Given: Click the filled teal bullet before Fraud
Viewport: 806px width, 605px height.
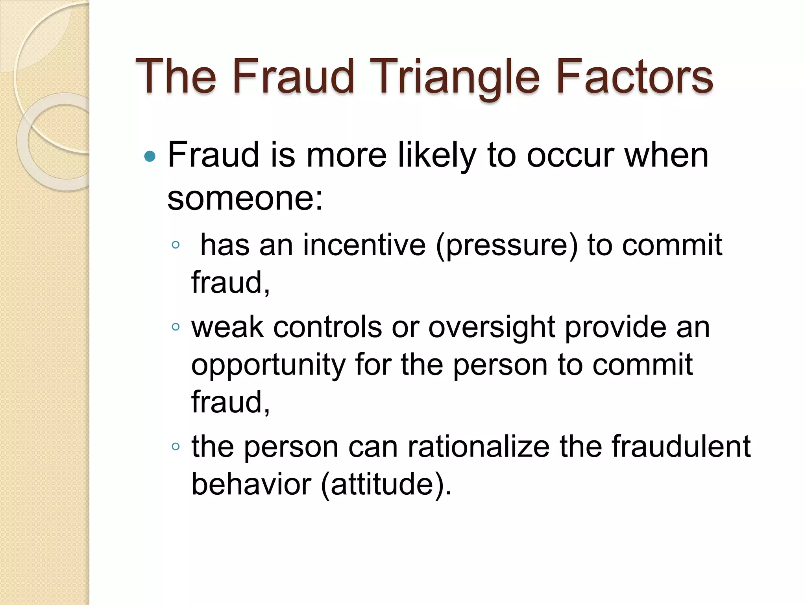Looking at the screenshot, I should (x=150, y=157).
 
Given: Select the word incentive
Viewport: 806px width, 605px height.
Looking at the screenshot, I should (x=364, y=245).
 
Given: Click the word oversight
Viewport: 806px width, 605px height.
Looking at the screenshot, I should (x=492, y=328).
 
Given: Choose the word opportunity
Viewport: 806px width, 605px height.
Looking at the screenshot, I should (x=268, y=366).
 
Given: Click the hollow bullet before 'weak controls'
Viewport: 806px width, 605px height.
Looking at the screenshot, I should (x=176, y=327).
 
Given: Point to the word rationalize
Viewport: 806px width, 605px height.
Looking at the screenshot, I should (x=478, y=447).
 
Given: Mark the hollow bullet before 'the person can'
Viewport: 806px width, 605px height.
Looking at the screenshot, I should (x=176, y=446).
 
